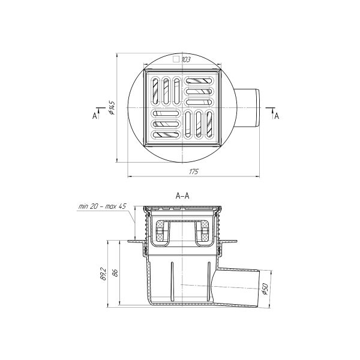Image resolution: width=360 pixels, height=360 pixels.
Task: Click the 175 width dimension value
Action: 194,172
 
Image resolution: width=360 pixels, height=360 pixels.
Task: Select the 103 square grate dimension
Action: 186,60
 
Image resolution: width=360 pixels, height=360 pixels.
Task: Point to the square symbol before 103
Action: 176,59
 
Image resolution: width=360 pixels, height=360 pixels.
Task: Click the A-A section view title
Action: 182,196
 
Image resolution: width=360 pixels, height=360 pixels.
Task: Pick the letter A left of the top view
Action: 94,116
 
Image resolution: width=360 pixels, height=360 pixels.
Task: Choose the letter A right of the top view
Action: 277,116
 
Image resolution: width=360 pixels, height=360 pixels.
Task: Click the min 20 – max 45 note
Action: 102,206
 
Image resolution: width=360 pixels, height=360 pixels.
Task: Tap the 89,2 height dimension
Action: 104,274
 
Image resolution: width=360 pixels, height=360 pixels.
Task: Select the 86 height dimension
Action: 115,273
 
